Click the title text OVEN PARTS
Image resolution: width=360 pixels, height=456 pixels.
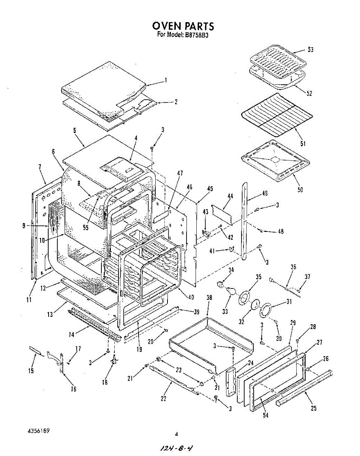click(183, 26)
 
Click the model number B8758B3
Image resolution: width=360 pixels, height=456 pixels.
click(197, 35)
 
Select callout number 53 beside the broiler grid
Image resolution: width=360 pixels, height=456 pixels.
click(311, 50)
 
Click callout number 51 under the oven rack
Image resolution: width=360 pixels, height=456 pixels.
click(303, 143)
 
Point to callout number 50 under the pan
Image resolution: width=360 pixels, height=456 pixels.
click(300, 190)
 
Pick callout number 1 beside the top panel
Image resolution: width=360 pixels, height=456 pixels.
click(166, 80)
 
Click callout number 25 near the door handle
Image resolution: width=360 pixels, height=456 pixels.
click(313, 408)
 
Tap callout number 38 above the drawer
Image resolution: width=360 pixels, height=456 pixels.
click(209, 298)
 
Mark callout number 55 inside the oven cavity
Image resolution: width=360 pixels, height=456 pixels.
click(86, 228)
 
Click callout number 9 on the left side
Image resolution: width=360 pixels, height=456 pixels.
click(24, 226)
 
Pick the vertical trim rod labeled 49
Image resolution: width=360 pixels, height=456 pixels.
click(244, 220)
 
